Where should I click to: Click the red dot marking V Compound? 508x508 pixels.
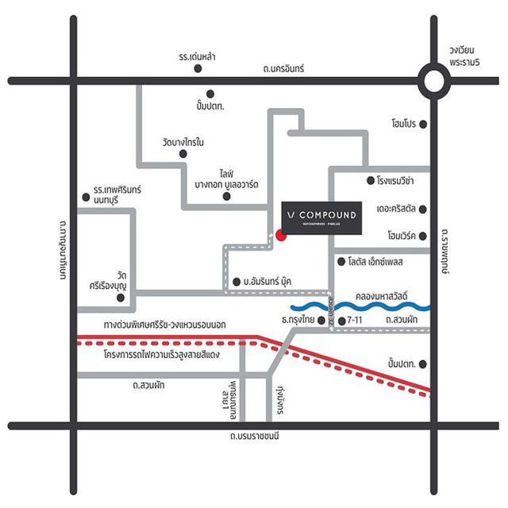tap(280, 234)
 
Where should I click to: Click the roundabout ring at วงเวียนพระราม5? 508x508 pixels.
tap(434, 80)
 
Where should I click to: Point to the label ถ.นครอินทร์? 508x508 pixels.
tap(286, 70)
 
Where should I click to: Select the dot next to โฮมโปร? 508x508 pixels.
tap(423, 124)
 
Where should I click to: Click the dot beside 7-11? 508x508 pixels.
tap(341, 320)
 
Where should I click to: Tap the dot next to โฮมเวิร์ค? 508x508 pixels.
tap(423, 236)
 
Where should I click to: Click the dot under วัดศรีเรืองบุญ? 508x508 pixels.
tap(121, 298)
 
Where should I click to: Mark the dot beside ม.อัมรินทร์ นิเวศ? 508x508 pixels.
tap(237, 281)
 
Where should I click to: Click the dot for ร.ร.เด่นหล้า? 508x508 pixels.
tap(198, 68)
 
